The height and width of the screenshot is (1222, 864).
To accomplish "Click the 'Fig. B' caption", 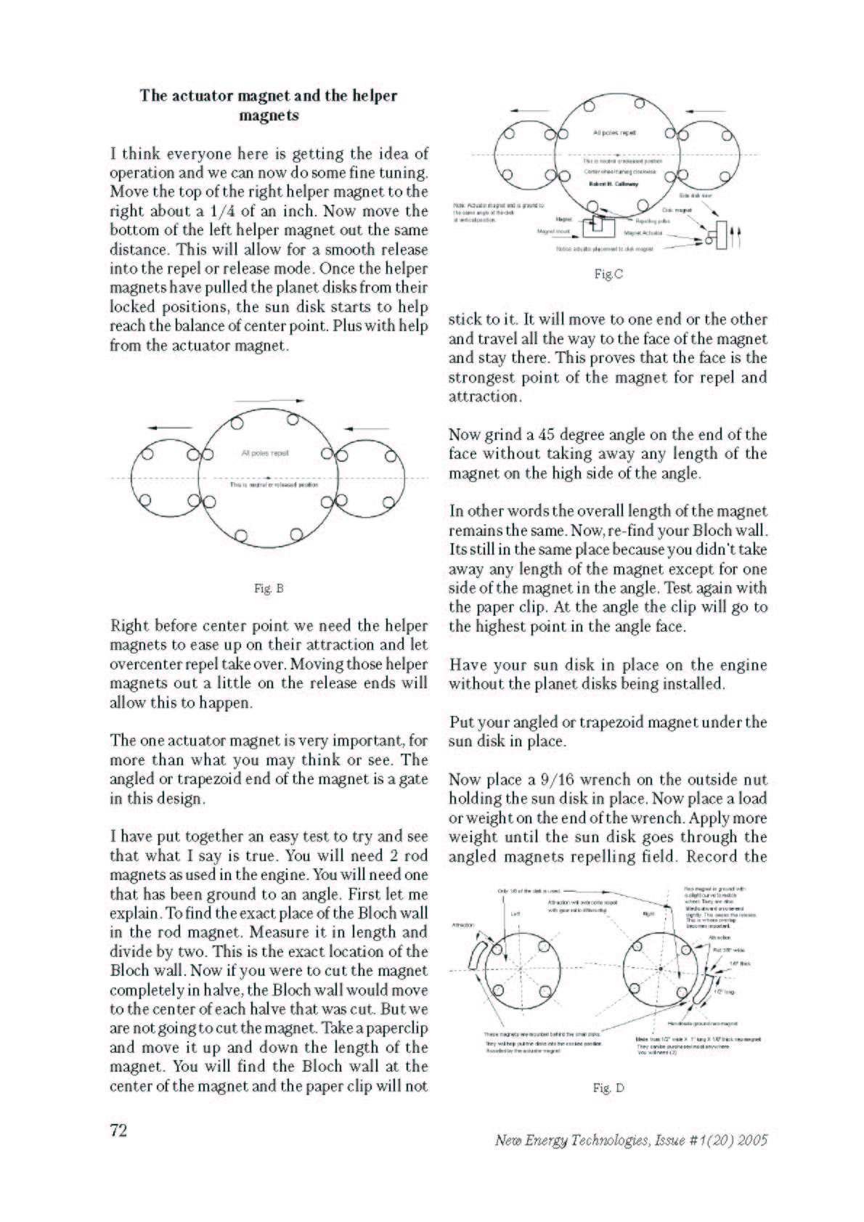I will pos(268,588).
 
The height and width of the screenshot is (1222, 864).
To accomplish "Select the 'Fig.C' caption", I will pos(608,274).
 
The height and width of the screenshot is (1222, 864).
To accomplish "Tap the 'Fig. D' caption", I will pos(608,1088).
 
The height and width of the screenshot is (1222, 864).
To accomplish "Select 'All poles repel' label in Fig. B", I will pos(265,453).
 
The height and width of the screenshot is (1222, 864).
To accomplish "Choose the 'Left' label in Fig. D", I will pos(515,913).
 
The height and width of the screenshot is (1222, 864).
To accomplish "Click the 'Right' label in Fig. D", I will pos(648,914).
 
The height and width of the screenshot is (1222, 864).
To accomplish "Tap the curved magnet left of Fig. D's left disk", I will pos(477,955).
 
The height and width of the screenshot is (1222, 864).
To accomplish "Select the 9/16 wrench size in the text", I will pos(557,780).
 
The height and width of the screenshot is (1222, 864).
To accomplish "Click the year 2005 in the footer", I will pos(751,1140).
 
